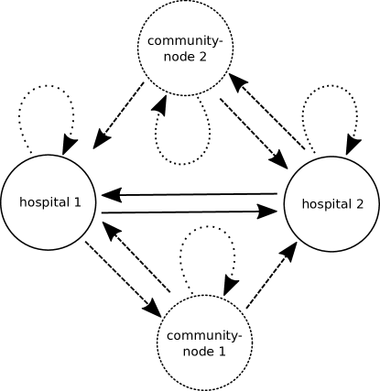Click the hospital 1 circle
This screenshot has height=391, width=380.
tap(49, 202)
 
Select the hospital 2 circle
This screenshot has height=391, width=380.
tap(331, 203)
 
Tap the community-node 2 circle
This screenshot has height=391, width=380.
tap(185, 47)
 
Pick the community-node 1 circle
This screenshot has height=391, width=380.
tap(205, 342)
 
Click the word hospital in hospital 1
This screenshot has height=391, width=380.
tap(42, 202)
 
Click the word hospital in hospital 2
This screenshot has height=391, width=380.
tap(325, 204)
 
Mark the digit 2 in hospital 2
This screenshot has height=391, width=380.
tap(360, 204)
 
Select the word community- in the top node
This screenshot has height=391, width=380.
tap(185, 40)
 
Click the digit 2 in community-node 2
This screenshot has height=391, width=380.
tap(202, 55)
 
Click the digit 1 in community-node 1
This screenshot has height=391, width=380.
tap(223, 351)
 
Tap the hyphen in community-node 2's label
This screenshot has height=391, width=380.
tap(221, 41)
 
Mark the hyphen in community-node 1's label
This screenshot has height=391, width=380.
tap(241, 337)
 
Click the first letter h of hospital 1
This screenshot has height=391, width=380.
tap(22, 202)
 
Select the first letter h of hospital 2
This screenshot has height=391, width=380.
tap(305, 204)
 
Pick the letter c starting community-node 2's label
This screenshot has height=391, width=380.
tap(150, 41)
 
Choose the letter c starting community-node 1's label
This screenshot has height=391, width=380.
tap(170, 337)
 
